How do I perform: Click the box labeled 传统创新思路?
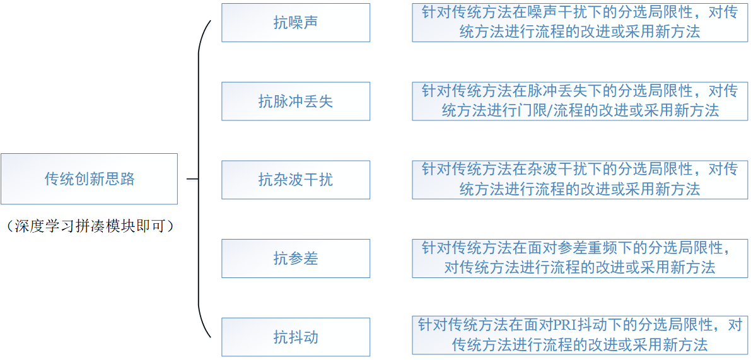pyautogui.click(x=89, y=178)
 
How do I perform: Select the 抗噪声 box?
pyautogui.click(x=295, y=23)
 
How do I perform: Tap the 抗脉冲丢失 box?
pyautogui.click(x=295, y=101)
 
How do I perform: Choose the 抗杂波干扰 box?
pyautogui.click(x=295, y=180)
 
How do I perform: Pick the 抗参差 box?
pyautogui.click(x=295, y=258)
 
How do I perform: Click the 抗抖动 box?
pyautogui.click(x=295, y=337)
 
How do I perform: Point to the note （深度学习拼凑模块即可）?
pyautogui.click(x=89, y=226)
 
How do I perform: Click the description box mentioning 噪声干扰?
pyautogui.click(x=579, y=23)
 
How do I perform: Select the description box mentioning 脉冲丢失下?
pyautogui.click(x=579, y=101)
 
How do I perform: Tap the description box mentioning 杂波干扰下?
pyautogui.click(x=579, y=180)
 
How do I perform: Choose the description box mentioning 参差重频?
pyautogui.click(x=579, y=258)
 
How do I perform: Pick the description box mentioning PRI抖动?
pyautogui.click(x=579, y=335)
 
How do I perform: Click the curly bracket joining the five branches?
pyautogui.click(x=201, y=179)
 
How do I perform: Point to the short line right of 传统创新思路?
pyautogui.click(x=192, y=179)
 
